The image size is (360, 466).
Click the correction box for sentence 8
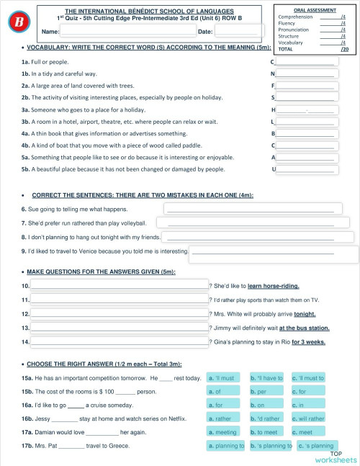pos(261,236)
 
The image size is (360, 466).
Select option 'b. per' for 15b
pos(266,391)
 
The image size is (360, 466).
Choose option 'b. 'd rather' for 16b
pos(266,418)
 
